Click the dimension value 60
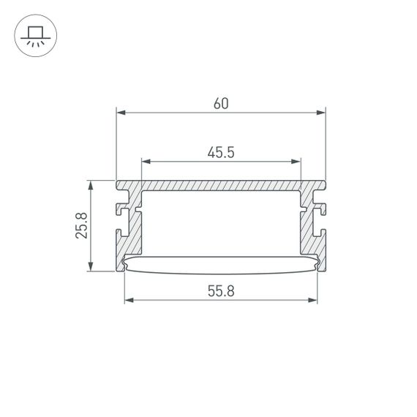(221, 104)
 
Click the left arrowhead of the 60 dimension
(121, 113)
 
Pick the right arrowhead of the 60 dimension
(320, 113)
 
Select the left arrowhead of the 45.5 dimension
(145, 161)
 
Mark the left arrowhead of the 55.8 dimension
(129, 301)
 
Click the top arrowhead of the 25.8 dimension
(91, 185)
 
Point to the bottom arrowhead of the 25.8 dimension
(91, 266)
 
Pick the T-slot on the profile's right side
(320, 212)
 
